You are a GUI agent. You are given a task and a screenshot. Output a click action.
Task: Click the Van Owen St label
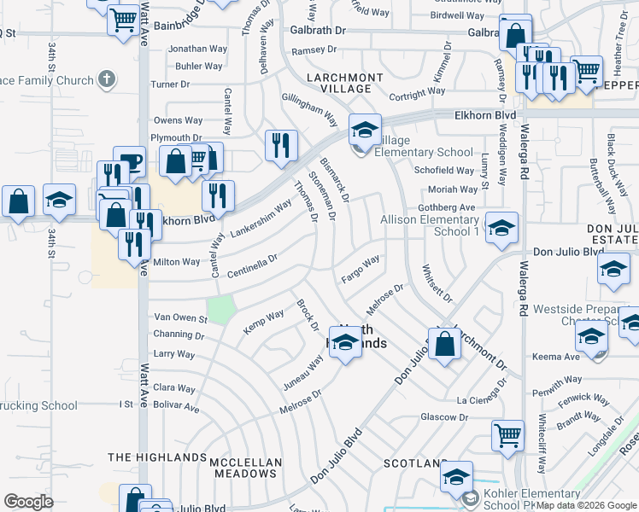[179, 317]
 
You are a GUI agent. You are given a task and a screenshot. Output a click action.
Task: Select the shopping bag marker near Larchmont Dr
[444, 344]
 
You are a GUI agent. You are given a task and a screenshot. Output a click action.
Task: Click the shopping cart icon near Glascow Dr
[508, 435]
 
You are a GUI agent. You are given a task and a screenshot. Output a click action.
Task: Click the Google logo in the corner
[29, 501]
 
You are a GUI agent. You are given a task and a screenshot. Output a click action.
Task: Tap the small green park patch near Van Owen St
[221, 308]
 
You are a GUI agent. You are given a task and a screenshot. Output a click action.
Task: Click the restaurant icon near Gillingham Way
[281, 146]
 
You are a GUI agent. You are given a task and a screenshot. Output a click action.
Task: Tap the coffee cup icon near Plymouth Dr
[131, 163]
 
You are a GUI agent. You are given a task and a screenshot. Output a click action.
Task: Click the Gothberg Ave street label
[446, 207]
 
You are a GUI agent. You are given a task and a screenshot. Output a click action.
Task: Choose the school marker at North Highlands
[344, 343]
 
